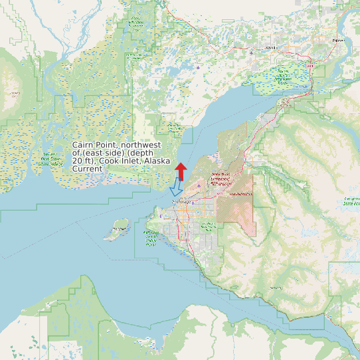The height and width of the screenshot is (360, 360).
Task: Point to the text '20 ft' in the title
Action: pos(82,161)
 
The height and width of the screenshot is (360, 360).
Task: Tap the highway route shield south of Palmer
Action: pos(310,66)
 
